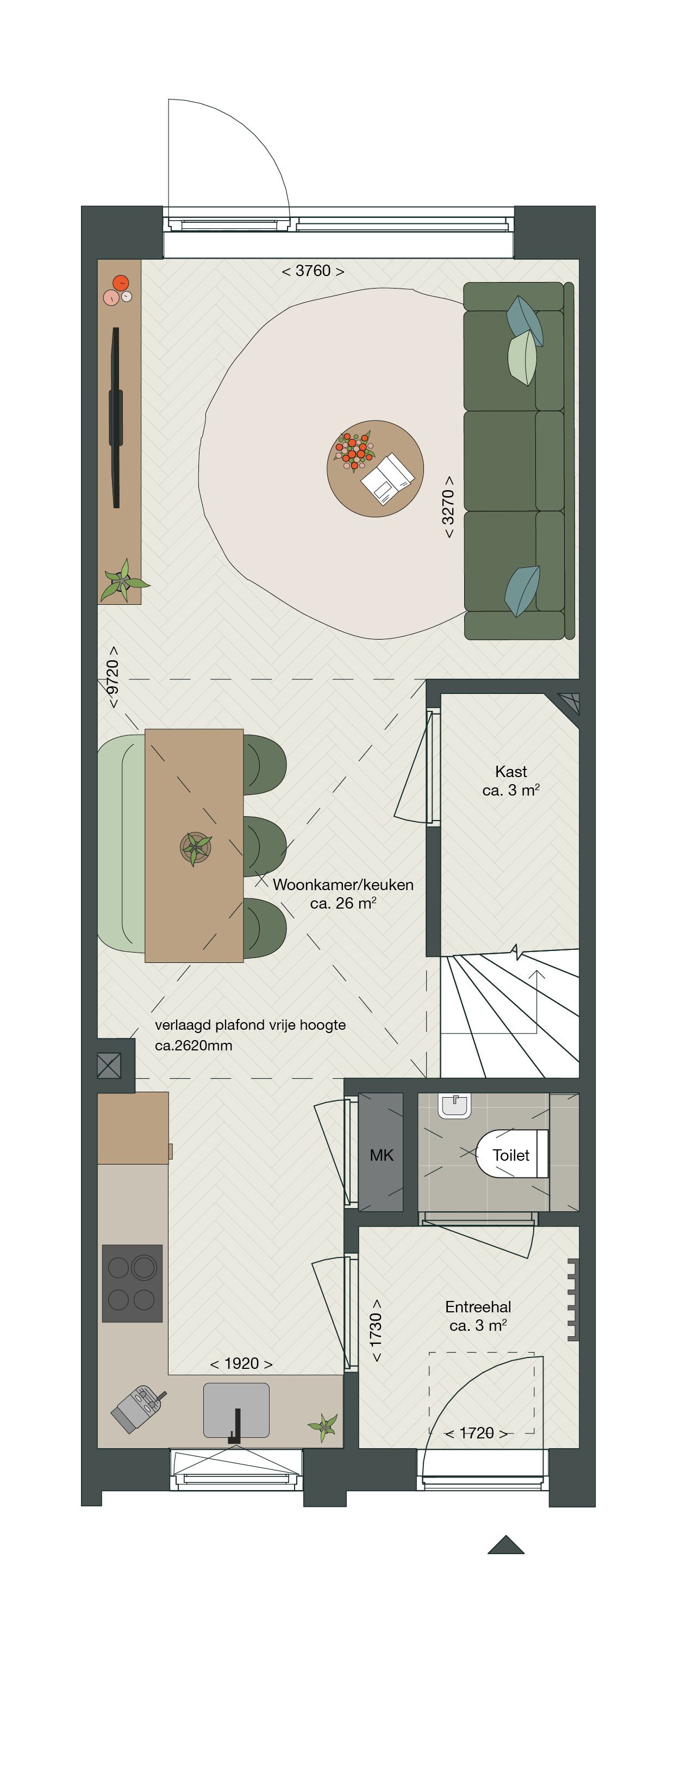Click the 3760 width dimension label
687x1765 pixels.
pyautogui.click(x=313, y=271)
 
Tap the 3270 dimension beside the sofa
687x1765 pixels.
pyautogui.click(x=448, y=506)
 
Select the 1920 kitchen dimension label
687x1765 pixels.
pyautogui.click(x=241, y=1363)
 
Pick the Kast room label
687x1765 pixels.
pyautogui.click(x=511, y=772)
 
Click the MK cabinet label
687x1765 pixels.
pyautogui.click(x=381, y=1155)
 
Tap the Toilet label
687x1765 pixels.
pyautogui.click(x=511, y=1155)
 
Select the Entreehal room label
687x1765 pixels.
pyautogui.click(x=478, y=1306)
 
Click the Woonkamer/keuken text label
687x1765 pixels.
pyautogui.click(x=343, y=884)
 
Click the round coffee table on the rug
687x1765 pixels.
pyautogui.click(x=375, y=468)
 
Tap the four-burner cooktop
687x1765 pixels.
pyautogui.click(x=132, y=1284)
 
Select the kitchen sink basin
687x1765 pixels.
pyautogui.click(x=236, y=1410)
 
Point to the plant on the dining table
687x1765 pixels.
pyautogui.click(x=196, y=848)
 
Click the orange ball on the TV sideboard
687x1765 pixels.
pyautogui.click(x=121, y=283)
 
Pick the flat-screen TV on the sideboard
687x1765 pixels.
pyautogui.click(x=116, y=417)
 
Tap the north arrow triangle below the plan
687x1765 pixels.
pyautogui.click(x=506, y=1544)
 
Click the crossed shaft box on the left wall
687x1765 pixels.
pyautogui.click(x=109, y=1066)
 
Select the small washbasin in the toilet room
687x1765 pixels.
pyautogui.click(x=454, y=1105)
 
